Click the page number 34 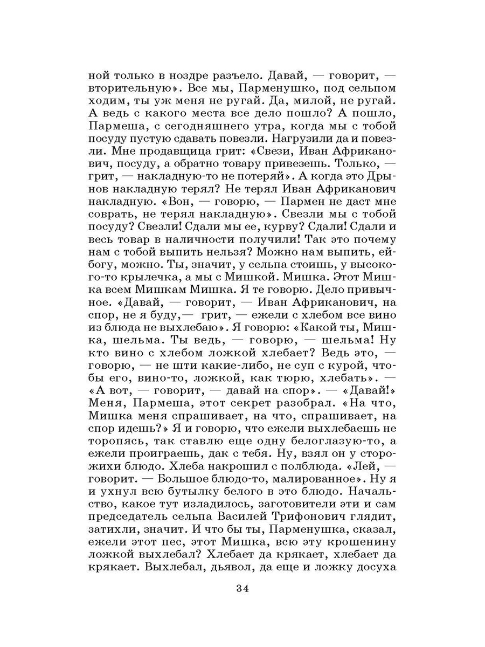coord(242,587)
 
